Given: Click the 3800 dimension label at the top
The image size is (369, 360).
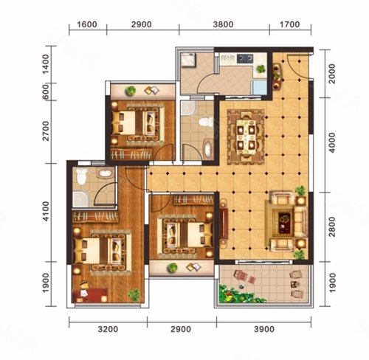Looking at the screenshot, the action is pyautogui.click(x=223, y=24).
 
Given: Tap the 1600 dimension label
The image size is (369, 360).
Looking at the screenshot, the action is pyautogui.click(x=87, y=24).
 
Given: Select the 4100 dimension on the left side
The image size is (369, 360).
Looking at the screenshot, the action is pyautogui.click(x=46, y=212).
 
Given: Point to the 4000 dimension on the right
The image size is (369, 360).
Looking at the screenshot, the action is pyautogui.click(x=332, y=143).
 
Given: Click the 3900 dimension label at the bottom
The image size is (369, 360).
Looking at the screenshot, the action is pyautogui.click(x=264, y=329).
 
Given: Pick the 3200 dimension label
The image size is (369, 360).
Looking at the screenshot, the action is pyautogui.click(x=108, y=329).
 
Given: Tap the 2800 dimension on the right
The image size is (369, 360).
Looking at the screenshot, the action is pyautogui.click(x=332, y=226).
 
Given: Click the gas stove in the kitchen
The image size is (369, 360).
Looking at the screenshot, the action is pyautogui.click(x=245, y=58).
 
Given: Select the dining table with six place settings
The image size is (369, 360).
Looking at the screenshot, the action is pyautogui.click(x=246, y=136).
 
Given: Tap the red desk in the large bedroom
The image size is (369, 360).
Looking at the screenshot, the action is pyautogui.click(x=90, y=295).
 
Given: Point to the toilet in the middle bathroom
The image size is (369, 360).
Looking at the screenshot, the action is pyautogui.click(x=207, y=122).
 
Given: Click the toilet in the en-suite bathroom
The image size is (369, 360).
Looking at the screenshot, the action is pyautogui.click(x=81, y=176).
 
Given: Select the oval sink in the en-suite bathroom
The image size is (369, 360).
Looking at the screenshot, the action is pyautogui.click(x=106, y=173).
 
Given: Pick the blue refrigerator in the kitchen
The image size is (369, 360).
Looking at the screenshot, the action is pyautogui.click(x=259, y=88).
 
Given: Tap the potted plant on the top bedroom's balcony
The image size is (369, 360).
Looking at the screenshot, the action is pyautogui.click(x=131, y=91).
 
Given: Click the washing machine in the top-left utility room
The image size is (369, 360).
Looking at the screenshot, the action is pyautogui.click(x=188, y=59).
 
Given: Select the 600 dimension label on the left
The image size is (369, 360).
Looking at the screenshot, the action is pyautogui.click(x=46, y=92).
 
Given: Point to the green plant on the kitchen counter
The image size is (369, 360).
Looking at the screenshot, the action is pyautogui.click(x=261, y=69).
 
